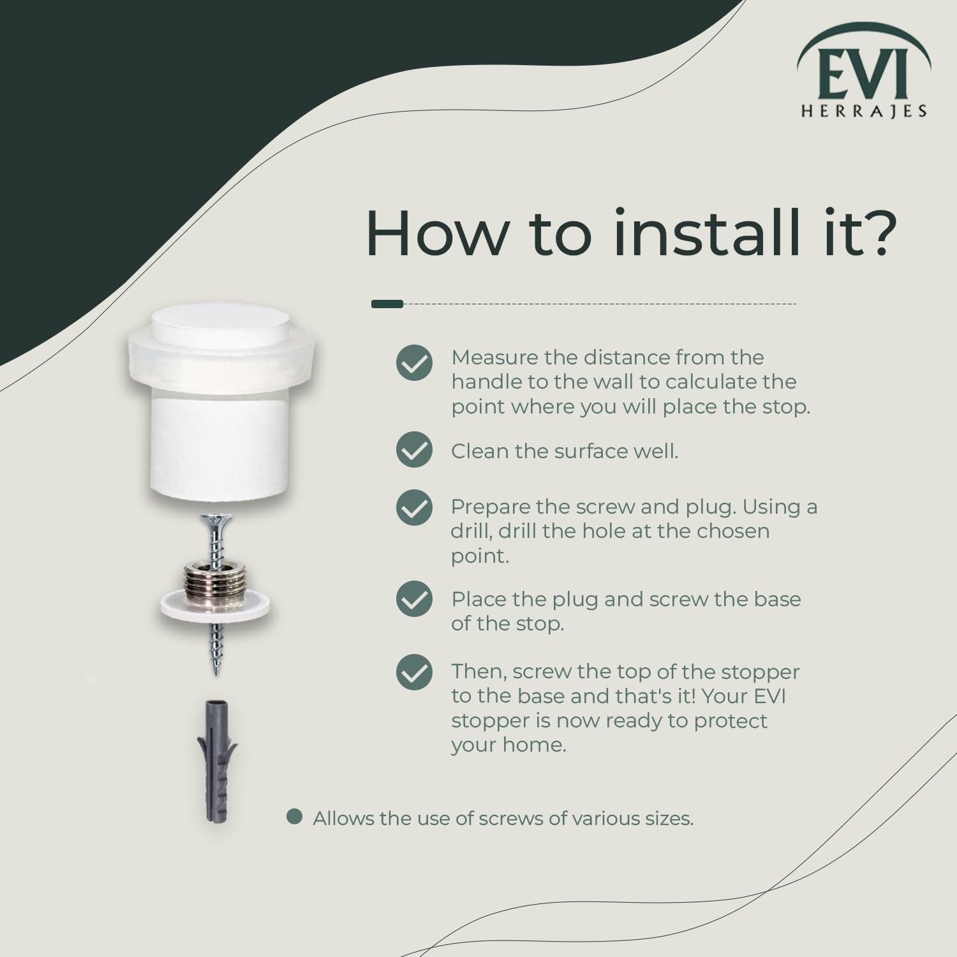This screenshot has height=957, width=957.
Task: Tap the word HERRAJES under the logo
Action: click(864, 111)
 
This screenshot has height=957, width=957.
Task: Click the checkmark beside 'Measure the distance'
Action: click(414, 363)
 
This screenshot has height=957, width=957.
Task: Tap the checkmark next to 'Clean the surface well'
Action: click(414, 450)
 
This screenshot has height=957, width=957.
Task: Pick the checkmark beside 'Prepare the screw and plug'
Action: click(414, 508)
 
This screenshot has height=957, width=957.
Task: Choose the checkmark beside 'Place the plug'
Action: click(414, 599)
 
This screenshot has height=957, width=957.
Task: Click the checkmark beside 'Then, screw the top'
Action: click(414, 672)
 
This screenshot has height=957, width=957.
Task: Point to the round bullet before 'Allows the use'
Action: click(294, 817)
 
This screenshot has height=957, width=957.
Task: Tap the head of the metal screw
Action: click(216, 523)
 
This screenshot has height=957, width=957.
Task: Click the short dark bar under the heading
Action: click(387, 304)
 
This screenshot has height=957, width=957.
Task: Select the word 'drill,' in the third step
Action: click(472, 531)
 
